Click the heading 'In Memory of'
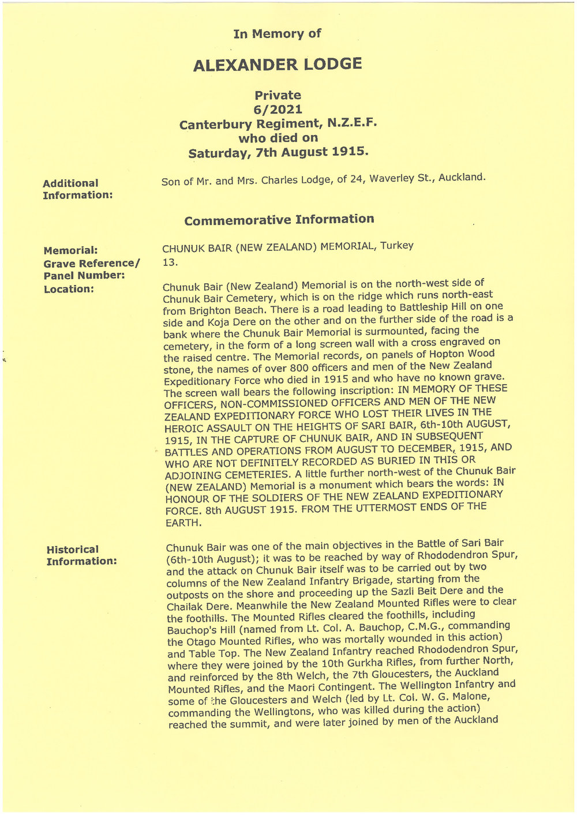coord(277,34)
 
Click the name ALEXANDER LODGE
coord(278,64)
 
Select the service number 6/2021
coord(278,110)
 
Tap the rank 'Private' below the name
coord(278,95)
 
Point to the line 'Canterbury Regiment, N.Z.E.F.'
coord(278,123)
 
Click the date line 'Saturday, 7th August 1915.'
coord(278,152)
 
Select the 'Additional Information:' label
coord(77,189)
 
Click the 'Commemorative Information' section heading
coord(279,220)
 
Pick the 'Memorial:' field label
coord(70,251)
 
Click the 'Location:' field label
coord(69,289)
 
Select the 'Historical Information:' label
coord(81,555)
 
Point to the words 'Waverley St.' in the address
coord(402,178)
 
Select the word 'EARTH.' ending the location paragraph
coord(183,523)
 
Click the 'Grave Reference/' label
coord(92,264)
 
